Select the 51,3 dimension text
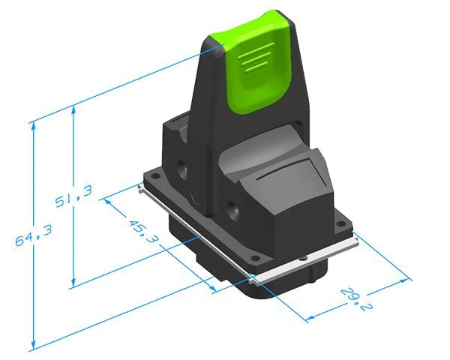[74, 198]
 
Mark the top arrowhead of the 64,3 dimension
[32, 125]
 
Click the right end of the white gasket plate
[351, 241]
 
